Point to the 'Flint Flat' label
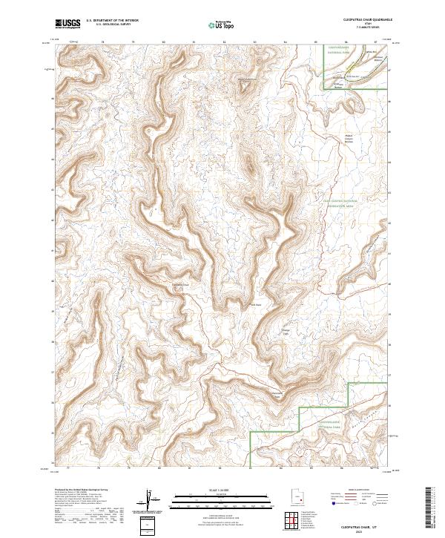(257, 304)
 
